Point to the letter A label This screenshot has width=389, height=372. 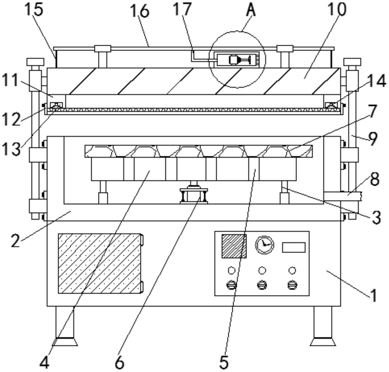coord(251,10)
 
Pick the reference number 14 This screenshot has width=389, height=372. coord(377,81)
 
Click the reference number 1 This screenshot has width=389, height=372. coord(374,295)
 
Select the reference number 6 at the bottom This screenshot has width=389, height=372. coord(119,363)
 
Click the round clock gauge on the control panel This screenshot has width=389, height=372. coord(264,245)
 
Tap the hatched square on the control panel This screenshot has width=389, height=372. coord(234,246)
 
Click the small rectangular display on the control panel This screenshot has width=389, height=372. coord(294,247)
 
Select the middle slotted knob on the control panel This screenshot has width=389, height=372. coord(262,285)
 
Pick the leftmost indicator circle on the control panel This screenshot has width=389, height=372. coord(231,271)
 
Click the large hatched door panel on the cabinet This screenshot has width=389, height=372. coord(100,263)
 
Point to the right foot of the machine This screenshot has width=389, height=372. coord(323,327)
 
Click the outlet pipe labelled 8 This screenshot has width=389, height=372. coord(343,196)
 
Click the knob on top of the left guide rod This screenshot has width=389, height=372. coord(35,62)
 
